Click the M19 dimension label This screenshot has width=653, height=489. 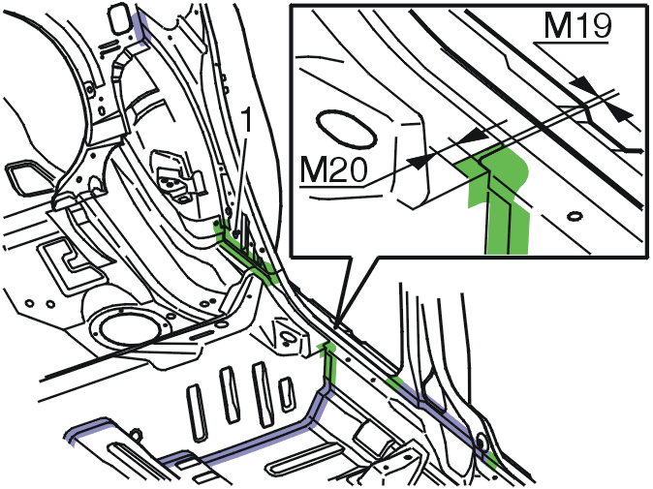coord(577,27)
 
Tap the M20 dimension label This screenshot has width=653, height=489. coord(333,169)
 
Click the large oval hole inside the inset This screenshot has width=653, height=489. coord(347,129)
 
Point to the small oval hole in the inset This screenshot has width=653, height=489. coord(575,216)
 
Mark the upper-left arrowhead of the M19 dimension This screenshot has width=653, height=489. coord(582,84)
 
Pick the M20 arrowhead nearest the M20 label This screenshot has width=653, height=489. coord(419,162)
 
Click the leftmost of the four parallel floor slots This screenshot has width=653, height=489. coord(198,413)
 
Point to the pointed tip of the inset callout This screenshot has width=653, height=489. coord(338,325)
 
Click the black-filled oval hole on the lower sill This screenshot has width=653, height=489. coord(481,443)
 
